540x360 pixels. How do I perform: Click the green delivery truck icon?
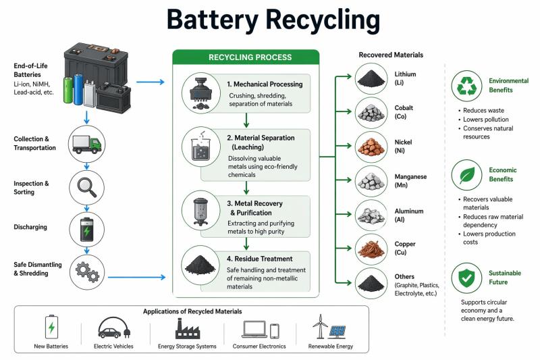[x=88, y=143]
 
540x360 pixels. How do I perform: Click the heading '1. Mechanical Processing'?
[x=265, y=84]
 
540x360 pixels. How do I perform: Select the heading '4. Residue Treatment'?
[x=260, y=259]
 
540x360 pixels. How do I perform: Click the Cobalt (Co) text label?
[x=404, y=111]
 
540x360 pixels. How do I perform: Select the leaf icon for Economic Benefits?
[x=467, y=175]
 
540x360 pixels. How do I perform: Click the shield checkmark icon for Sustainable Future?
[x=467, y=277]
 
